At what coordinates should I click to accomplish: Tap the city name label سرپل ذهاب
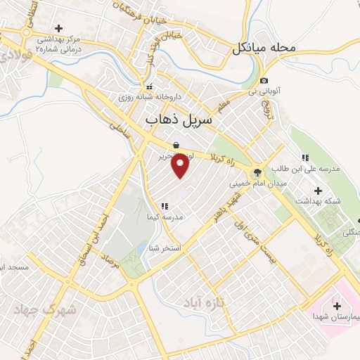[178, 121]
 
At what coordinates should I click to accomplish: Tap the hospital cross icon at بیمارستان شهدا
[337, 306]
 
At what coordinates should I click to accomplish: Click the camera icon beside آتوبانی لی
[264, 80]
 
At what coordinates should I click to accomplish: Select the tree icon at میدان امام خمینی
[257, 172]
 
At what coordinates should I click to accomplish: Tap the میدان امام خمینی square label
[257, 184]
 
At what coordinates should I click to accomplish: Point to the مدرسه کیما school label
[164, 217]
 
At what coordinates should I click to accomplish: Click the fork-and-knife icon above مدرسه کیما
[164, 206]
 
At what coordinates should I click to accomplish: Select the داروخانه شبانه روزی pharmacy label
[149, 96]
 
